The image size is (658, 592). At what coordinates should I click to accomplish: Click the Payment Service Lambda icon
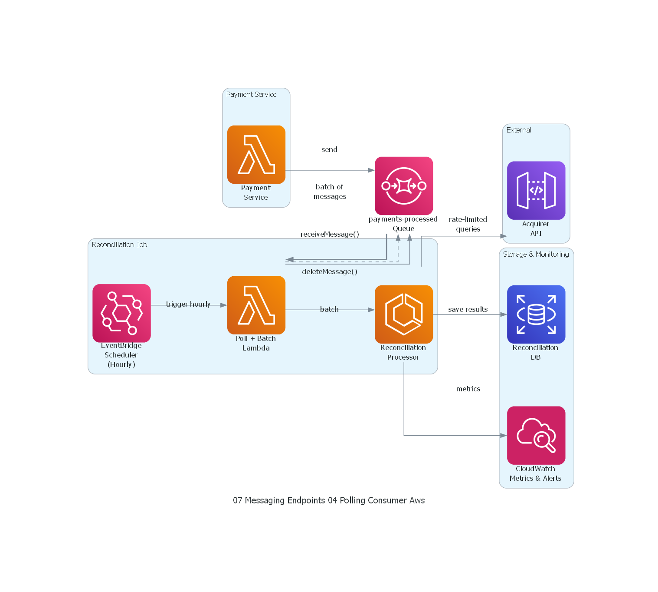(256, 155)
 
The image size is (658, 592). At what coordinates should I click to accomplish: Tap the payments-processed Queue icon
(403, 186)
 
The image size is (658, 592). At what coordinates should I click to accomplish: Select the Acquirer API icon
(536, 190)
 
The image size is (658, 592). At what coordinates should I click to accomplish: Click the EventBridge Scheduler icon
(121, 313)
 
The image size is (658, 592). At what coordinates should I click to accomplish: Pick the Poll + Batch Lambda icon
(256, 305)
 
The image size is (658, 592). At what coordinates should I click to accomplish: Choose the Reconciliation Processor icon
(403, 314)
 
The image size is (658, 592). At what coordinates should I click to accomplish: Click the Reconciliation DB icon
(536, 314)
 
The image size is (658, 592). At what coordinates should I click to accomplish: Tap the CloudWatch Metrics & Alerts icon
(536, 435)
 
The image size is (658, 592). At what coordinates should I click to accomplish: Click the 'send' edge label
(329, 149)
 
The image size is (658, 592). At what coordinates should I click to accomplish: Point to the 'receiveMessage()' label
(330, 234)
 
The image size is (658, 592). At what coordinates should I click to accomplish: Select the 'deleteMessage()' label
(330, 271)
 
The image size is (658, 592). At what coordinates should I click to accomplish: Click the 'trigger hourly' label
(188, 304)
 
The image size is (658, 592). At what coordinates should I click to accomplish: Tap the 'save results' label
(468, 309)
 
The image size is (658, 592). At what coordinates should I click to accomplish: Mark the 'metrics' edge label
(468, 389)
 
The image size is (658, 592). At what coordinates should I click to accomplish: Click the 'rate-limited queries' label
(468, 224)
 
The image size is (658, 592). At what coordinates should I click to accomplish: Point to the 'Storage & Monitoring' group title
(536, 254)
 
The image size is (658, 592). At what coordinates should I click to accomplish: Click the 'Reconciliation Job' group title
(119, 245)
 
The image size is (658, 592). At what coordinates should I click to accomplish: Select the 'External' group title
(519, 130)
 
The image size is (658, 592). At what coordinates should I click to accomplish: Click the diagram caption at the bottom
(329, 500)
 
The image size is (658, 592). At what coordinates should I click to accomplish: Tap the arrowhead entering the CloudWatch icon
(504, 435)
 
